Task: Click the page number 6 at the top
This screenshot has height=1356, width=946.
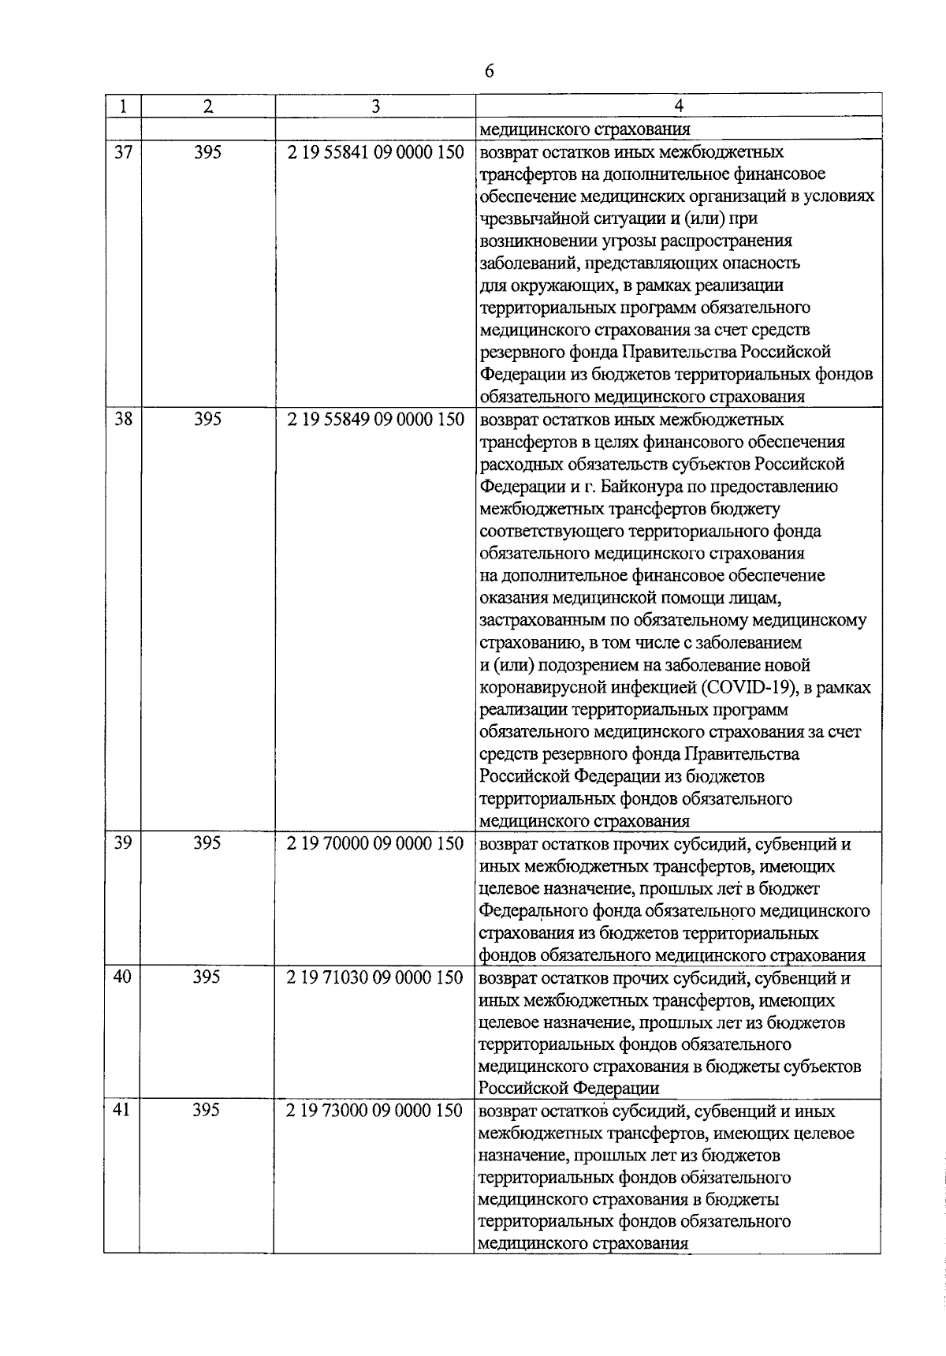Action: pos(489,71)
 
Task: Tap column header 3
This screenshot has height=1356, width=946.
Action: pos(375,106)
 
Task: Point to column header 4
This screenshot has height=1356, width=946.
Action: pos(679,106)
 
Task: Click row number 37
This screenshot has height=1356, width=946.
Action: pos(123,152)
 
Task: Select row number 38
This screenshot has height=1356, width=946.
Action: pos(123,420)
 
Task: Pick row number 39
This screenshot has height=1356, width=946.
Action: pos(123,843)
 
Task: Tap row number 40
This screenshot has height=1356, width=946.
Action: pos(123,977)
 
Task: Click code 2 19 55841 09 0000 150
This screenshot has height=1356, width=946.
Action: pos(375,152)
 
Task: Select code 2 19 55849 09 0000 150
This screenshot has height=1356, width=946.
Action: pos(375,420)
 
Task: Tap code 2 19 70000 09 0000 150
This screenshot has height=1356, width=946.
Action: pos(375,843)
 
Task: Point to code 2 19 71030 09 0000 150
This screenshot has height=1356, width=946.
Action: pos(375,977)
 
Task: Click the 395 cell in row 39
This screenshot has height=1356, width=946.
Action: pos(207,843)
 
